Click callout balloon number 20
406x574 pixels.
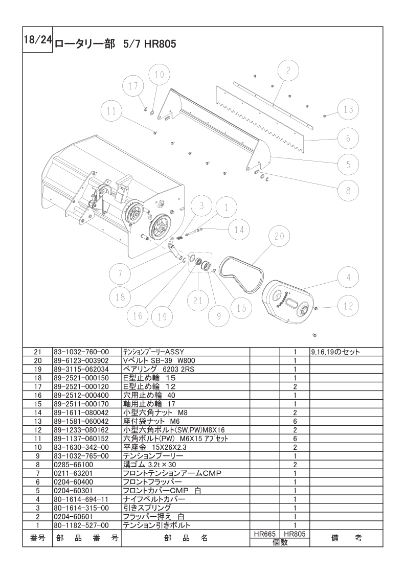pos(279,237)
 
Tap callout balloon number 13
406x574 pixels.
pos(348,109)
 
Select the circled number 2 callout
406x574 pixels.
pos(288,71)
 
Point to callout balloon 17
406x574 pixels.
pos(133,85)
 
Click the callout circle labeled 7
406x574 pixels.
pos(120,274)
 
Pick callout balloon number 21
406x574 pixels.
pos(198,301)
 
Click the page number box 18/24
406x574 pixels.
pos(37,39)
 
